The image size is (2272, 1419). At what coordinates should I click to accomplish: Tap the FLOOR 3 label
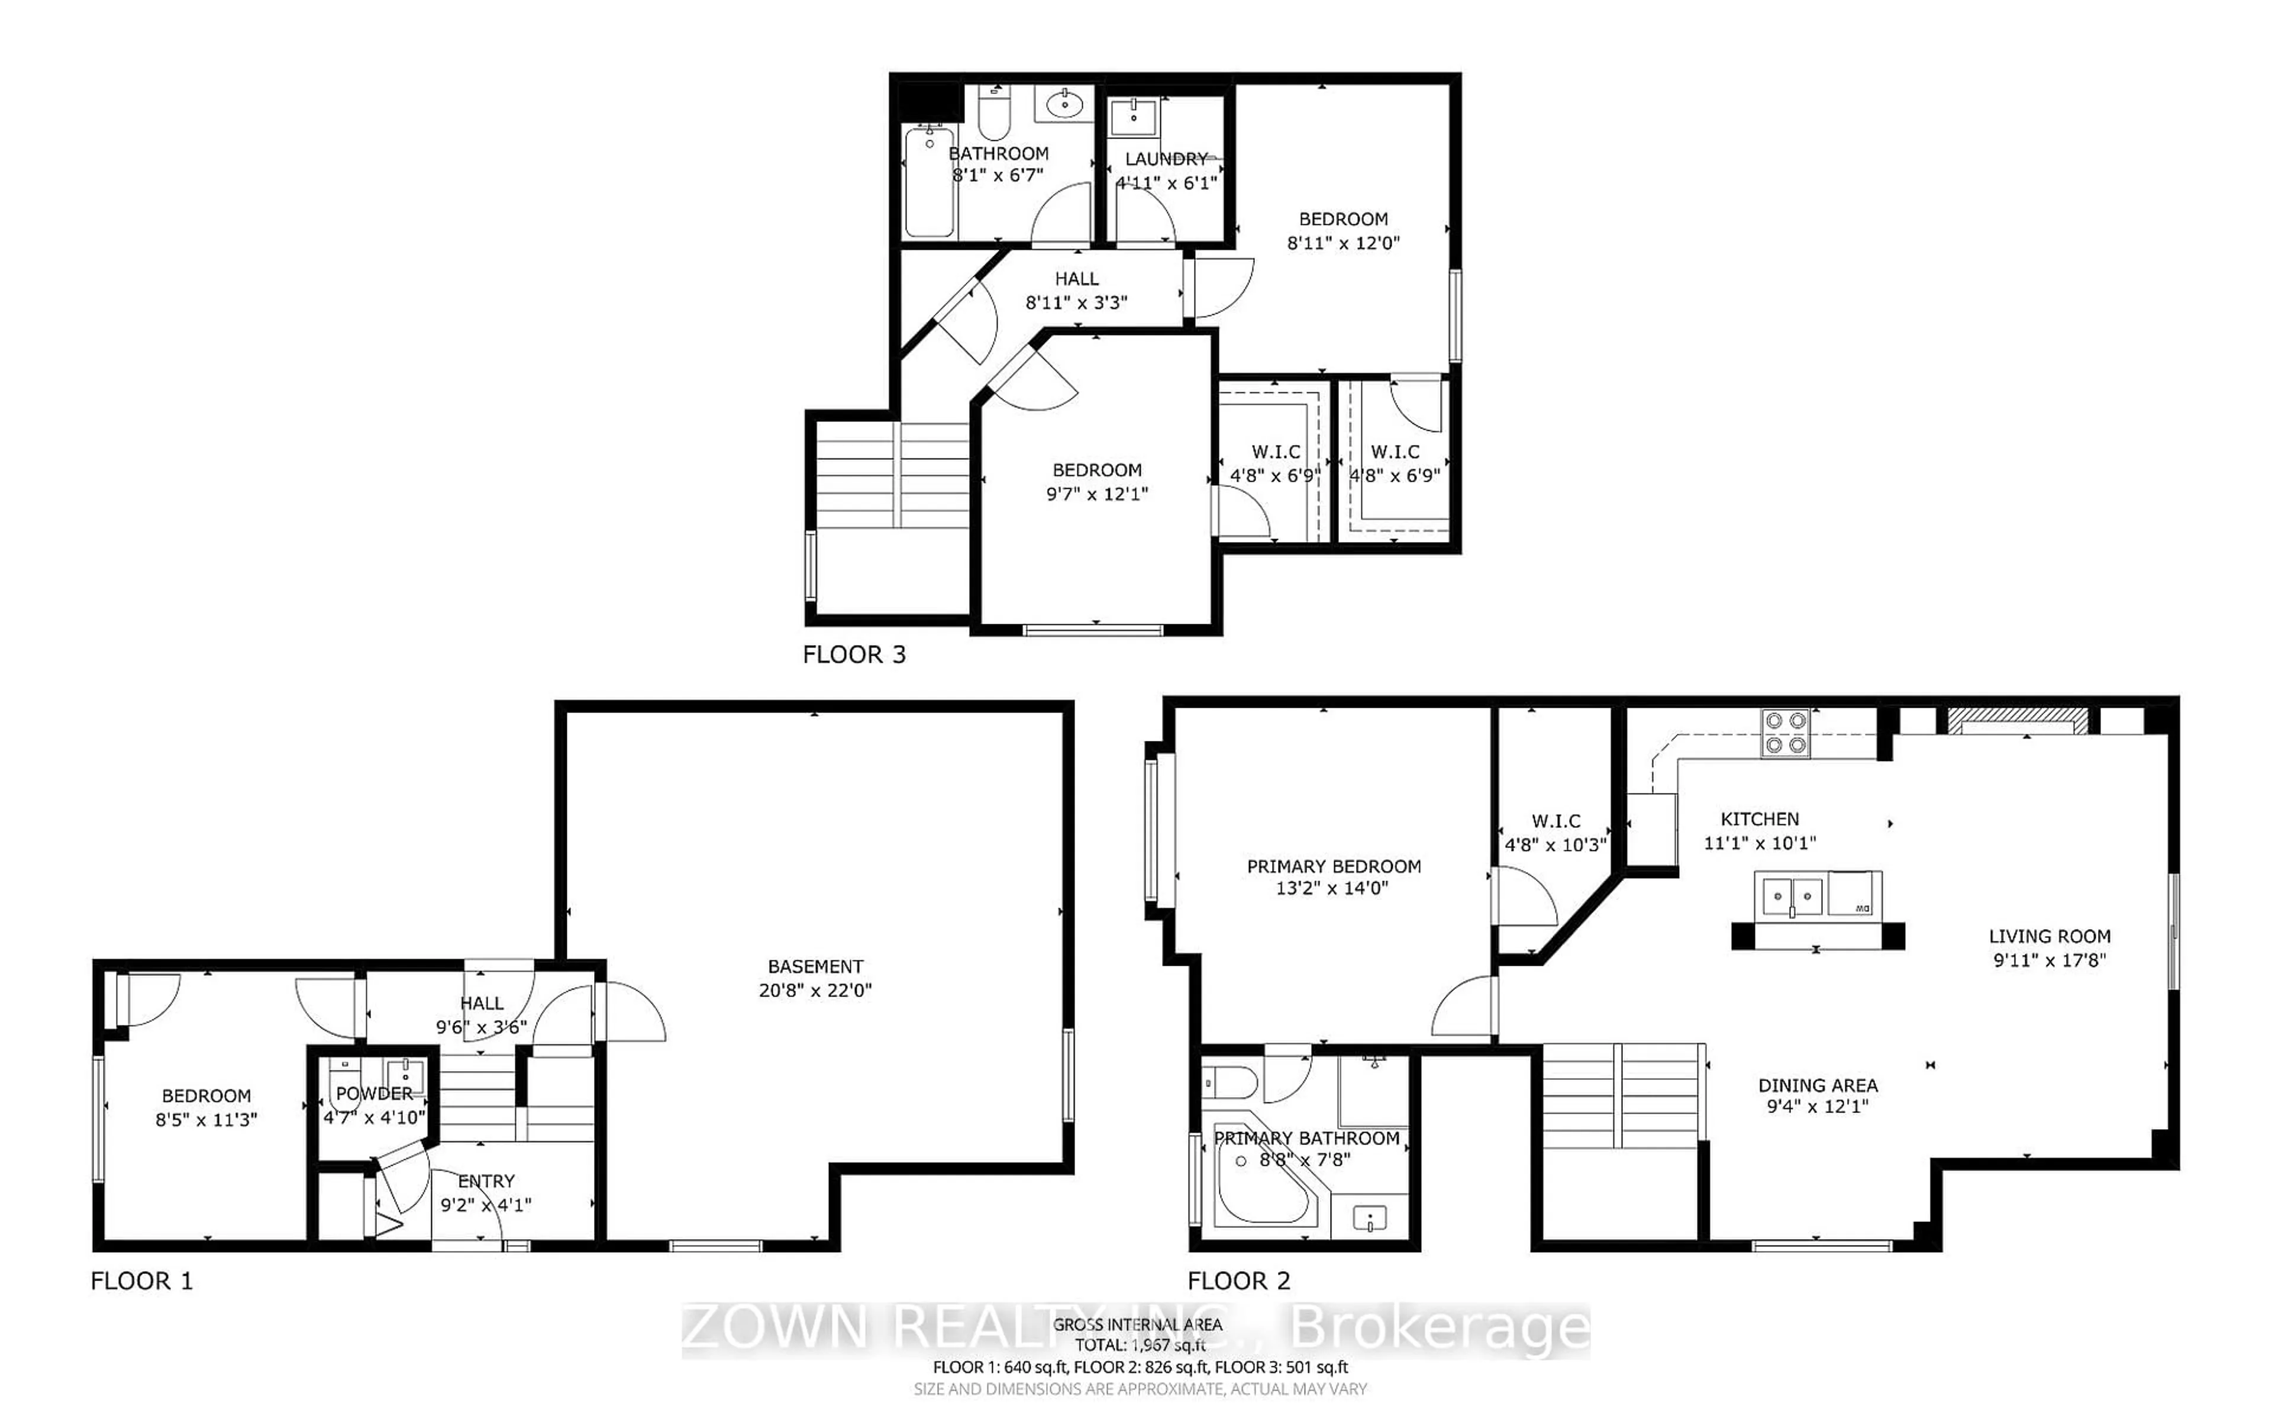[x=854, y=654]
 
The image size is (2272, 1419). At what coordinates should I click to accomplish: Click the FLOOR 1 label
[x=141, y=1281]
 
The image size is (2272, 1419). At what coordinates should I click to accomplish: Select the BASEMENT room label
[x=815, y=966]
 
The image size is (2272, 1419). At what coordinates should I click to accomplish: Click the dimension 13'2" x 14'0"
[x=1332, y=888]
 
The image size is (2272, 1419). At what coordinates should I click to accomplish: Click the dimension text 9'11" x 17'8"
[x=2050, y=960]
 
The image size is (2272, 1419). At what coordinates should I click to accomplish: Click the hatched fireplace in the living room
[x=2018, y=721]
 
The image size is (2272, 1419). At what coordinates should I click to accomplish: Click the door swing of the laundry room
[x=1146, y=218]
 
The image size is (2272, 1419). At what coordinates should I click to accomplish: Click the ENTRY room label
[x=486, y=1181]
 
